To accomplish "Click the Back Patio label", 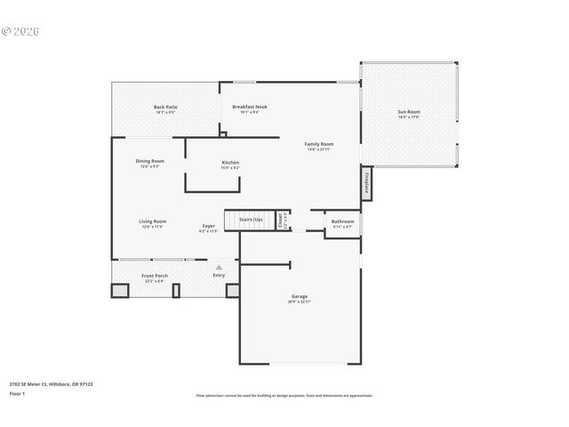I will click(165, 108).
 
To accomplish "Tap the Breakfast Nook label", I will click(250, 108).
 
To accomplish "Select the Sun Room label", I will click(409, 113).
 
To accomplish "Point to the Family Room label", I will click(319, 145).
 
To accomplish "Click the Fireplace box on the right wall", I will click(365, 183).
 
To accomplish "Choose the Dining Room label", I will click(149, 163).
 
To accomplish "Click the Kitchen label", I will click(230, 164).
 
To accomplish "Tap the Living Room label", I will click(153, 222).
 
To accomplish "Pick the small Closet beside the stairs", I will click(281, 219).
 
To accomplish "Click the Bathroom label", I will click(342, 222).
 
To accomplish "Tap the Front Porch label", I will click(155, 277).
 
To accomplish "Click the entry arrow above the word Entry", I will click(219, 267).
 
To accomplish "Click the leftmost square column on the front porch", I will click(119, 290).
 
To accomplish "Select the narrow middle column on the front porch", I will click(176, 290).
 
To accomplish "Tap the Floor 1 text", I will click(17, 392).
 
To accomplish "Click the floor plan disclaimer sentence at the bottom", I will click(284, 395).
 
